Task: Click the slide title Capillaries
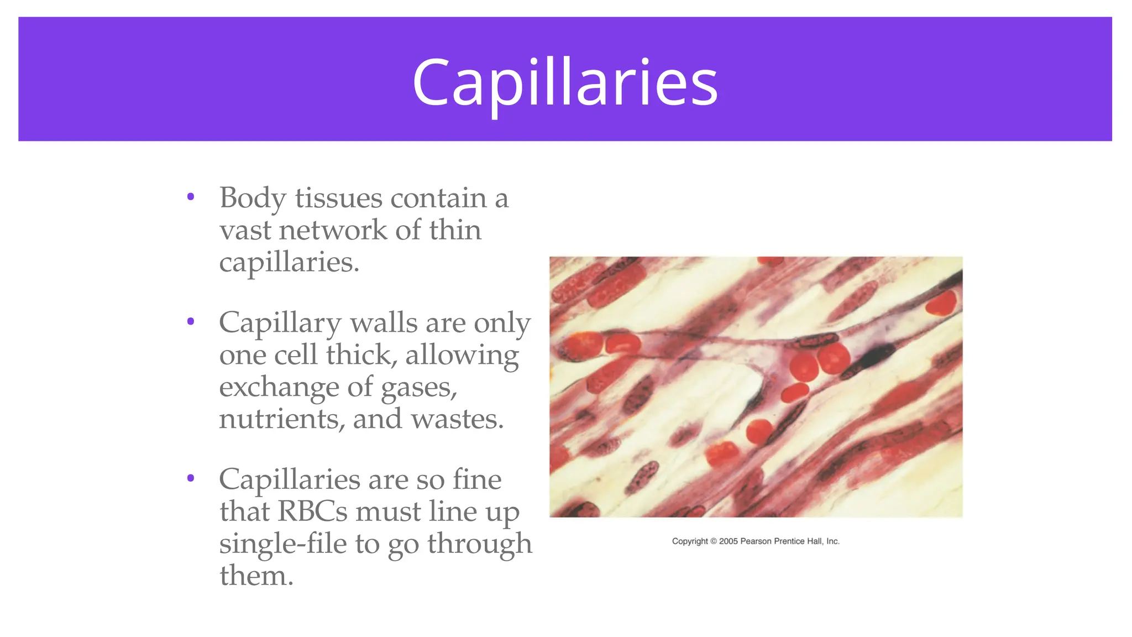(x=565, y=83)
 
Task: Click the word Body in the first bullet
(x=253, y=198)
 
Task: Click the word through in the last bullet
(x=479, y=544)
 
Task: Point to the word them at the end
(x=256, y=576)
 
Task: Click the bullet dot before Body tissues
(x=191, y=197)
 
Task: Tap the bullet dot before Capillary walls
(x=191, y=321)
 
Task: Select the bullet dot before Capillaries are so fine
(x=191, y=478)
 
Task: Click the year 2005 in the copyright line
(x=728, y=541)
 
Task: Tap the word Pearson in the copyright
(x=756, y=541)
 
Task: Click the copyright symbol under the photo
(x=713, y=541)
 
